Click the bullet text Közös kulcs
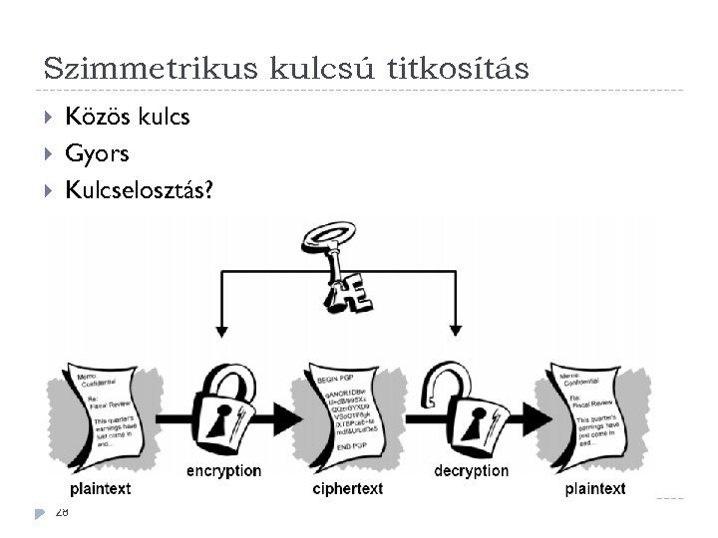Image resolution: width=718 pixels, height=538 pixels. [x=127, y=118]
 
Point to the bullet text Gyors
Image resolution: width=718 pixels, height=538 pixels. [x=97, y=154]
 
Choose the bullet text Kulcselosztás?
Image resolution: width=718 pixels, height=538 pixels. [x=138, y=190]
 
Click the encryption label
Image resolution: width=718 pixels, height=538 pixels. [x=223, y=470]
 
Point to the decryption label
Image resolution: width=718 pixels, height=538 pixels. [x=471, y=470]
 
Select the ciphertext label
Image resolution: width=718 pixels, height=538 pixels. [x=347, y=488]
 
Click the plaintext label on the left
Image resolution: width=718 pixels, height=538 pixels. [x=101, y=488]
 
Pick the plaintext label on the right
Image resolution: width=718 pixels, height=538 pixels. [x=595, y=488]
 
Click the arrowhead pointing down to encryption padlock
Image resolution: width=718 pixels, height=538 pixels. [x=221, y=327]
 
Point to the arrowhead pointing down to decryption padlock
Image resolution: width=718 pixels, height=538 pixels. [x=456, y=327]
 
